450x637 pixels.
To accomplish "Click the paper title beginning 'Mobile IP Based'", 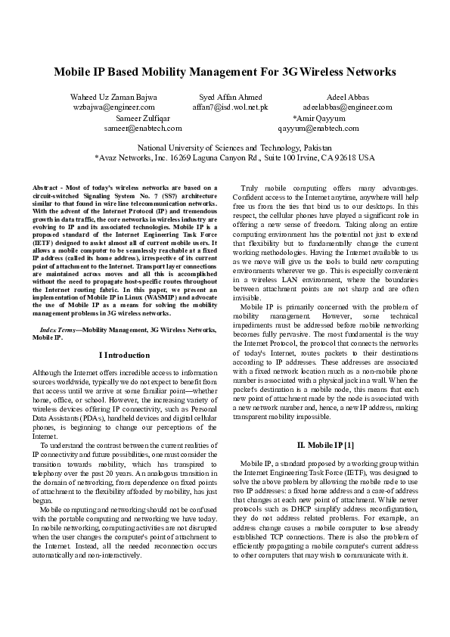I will pos(225,73).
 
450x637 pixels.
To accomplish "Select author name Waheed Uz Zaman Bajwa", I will pos(113,98).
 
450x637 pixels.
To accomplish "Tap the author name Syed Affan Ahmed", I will pos(230,98).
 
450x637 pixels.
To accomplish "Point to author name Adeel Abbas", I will pos(347,98).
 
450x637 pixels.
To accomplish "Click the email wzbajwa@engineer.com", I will pos(113,107).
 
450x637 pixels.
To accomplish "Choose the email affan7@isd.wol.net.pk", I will pos(230,107).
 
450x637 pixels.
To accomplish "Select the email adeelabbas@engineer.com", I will pos(347,107).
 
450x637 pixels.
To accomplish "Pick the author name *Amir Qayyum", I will pos(318,119).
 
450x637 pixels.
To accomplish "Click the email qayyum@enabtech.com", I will pos(318,129).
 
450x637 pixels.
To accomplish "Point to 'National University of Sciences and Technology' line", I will pos(225,148).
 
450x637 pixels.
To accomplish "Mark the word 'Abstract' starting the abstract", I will pos(45,187).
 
